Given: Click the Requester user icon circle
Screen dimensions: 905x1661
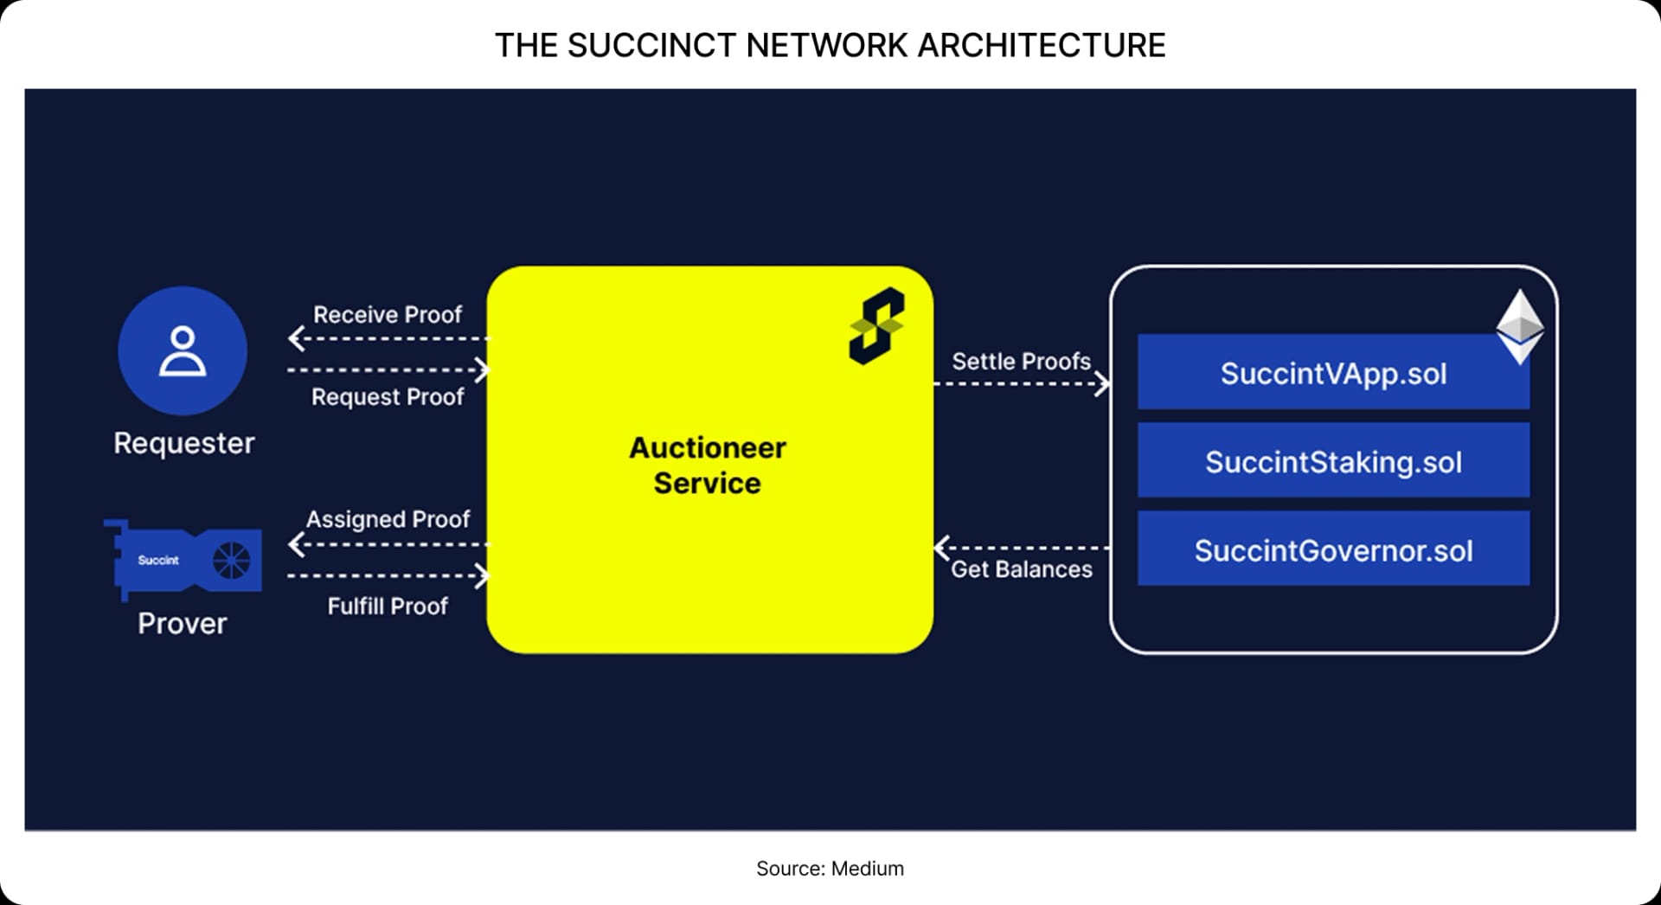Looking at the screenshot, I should click(183, 350).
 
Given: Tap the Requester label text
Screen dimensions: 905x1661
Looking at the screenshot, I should click(183, 443).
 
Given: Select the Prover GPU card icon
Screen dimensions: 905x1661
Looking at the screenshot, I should click(184, 559).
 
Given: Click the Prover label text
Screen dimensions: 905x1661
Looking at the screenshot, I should click(183, 623).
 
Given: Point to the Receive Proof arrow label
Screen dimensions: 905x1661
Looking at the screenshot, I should click(388, 315).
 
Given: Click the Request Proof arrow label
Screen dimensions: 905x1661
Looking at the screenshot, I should click(388, 397).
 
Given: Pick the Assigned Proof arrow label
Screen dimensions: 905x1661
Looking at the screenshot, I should click(388, 519).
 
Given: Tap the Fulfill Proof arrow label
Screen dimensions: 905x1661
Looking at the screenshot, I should click(388, 606).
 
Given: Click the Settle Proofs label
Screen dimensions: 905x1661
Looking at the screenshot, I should click(1021, 362).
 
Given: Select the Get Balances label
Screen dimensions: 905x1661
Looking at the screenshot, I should click(1021, 569).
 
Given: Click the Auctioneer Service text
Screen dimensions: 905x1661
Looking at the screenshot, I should click(708, 465).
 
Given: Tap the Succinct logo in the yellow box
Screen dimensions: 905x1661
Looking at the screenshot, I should click(876, 326).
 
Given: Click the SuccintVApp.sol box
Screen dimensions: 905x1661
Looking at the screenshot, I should click(1332, 374).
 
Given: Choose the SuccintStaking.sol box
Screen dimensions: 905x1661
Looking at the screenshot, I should click(1332, 461).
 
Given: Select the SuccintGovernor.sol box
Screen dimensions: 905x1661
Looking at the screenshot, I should click(1332, 550).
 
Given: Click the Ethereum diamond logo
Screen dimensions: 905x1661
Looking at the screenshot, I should click(1520, 326).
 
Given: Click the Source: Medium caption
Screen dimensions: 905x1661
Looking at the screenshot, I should click(830, 868).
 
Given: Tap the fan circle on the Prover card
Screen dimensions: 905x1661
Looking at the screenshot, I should click(231, 561).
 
